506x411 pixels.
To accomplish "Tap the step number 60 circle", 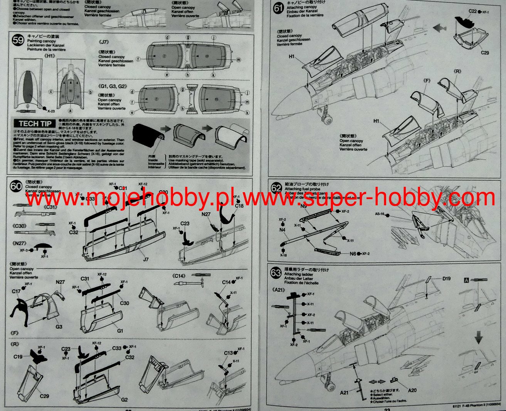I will [16, 186].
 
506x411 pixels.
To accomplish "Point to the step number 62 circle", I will [276, 188].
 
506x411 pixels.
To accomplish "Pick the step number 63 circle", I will [276, 273].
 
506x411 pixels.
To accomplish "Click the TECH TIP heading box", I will [35, 123].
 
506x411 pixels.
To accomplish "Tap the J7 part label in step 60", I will [146, 259].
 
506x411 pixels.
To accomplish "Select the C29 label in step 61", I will [485, 52].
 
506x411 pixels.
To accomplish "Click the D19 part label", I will [447, 278].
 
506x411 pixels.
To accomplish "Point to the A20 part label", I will [412, 390].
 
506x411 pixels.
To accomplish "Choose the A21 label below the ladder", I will [345, 392].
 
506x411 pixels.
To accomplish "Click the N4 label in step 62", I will [282, 230].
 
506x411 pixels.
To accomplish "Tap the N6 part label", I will [353, 254].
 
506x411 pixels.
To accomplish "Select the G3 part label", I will [59, 326].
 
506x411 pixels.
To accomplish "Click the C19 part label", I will [18, 357].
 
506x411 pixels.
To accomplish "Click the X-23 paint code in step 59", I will [51, 110].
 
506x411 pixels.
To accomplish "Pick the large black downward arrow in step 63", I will [479, 338].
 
